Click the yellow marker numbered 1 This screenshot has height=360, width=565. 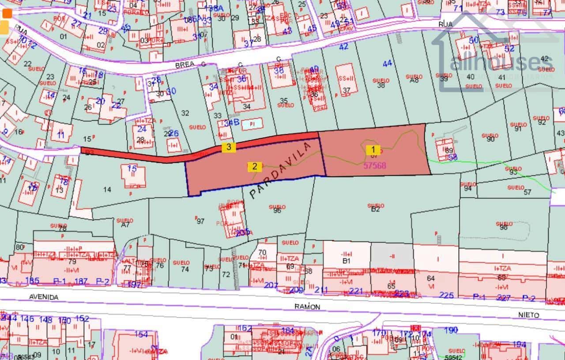(373, 149)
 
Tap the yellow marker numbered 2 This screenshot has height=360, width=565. (255, 167)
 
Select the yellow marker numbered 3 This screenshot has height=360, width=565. (228, 147)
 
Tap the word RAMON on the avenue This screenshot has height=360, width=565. (308, 306)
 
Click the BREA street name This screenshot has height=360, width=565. (182, 64)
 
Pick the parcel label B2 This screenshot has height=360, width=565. (375, 209)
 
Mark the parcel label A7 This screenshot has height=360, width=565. (125, 224)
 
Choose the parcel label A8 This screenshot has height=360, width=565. (414, 80)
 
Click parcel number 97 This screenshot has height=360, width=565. (201, 221)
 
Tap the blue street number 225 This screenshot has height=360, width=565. (446, 295)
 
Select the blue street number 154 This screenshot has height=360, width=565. (141, 334)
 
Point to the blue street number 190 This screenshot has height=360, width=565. (451, 330)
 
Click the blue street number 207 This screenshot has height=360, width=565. (271, 285)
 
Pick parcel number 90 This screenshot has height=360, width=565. (490, 139)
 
